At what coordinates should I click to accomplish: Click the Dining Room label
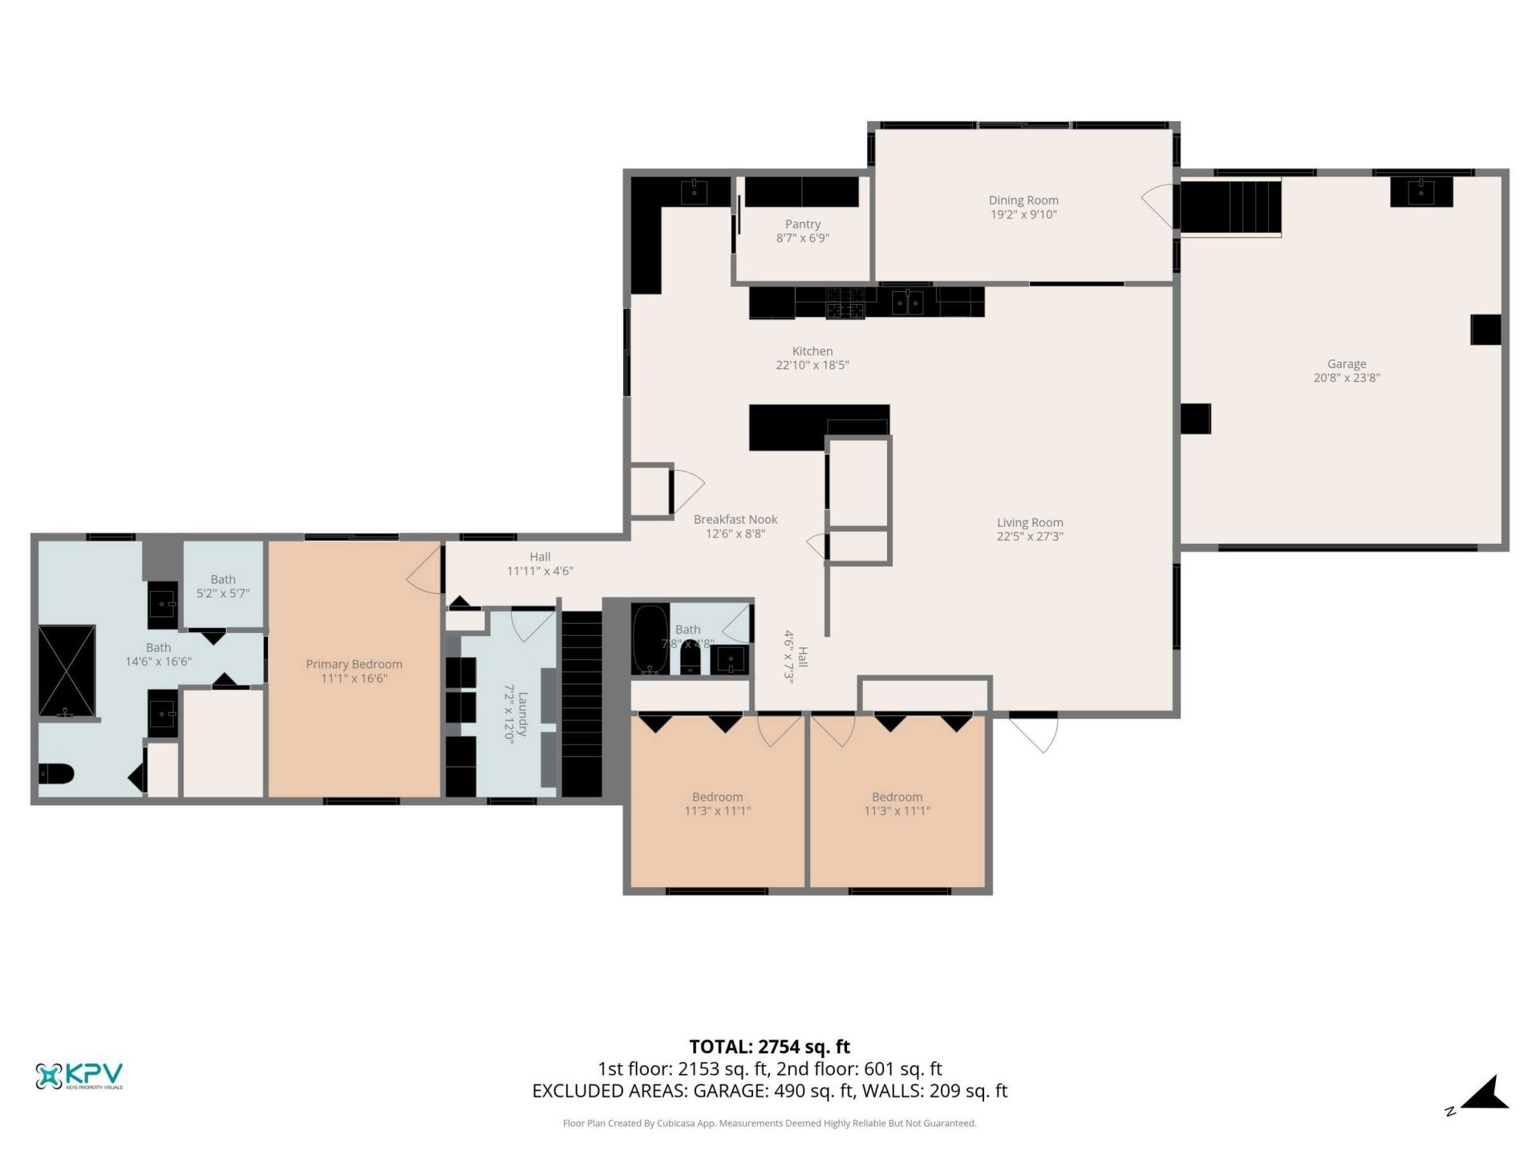1023,201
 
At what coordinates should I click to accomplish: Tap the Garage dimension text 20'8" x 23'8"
1346,378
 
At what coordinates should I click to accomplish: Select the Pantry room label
802,225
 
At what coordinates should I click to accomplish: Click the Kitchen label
812,351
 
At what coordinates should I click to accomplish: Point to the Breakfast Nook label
735,520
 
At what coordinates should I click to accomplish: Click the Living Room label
1029,523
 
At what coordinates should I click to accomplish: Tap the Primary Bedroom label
354,664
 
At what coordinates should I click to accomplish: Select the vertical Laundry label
522,715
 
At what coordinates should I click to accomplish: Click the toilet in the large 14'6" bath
56,774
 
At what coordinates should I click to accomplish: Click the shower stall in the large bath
67,671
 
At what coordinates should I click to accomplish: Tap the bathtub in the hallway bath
649,639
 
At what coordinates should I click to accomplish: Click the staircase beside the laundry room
581,703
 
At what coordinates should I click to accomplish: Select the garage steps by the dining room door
1230,207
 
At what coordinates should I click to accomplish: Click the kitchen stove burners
845,302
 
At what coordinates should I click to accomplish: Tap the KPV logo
79,1076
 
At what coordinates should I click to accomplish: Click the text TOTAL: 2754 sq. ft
769,1047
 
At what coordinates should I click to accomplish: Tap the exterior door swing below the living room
1035,731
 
